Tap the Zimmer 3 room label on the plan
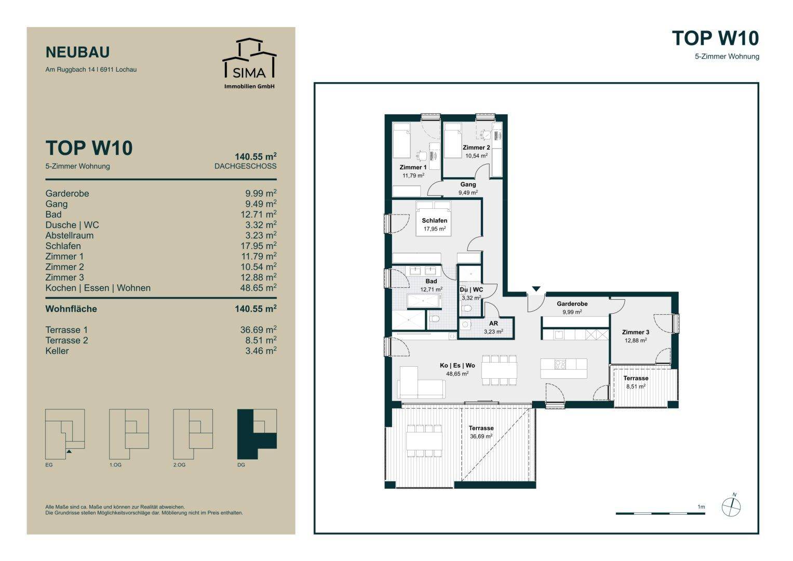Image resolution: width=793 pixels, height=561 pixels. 636,332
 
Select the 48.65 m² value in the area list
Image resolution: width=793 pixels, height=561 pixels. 258,288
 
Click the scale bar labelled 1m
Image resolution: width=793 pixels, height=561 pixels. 660,513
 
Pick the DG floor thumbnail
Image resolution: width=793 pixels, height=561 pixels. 257,434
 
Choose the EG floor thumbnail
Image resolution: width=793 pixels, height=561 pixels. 65,434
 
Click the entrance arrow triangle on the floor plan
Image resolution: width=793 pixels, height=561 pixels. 536,289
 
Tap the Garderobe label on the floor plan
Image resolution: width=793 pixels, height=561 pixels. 572,303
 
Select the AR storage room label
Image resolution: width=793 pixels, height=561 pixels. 493,323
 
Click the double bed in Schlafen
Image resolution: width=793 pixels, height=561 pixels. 434,219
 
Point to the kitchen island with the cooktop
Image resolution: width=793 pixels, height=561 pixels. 563,368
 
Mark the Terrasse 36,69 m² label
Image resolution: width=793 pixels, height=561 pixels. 481,432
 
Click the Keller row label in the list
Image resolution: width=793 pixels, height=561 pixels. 57,351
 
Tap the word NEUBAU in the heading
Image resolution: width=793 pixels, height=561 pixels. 77,52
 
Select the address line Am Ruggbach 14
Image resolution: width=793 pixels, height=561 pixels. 91,70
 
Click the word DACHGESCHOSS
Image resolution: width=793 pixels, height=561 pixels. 245,166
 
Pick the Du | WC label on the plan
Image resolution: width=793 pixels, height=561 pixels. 471,290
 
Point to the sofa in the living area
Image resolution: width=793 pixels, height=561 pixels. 421,383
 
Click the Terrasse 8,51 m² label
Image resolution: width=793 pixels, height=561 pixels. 636,382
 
